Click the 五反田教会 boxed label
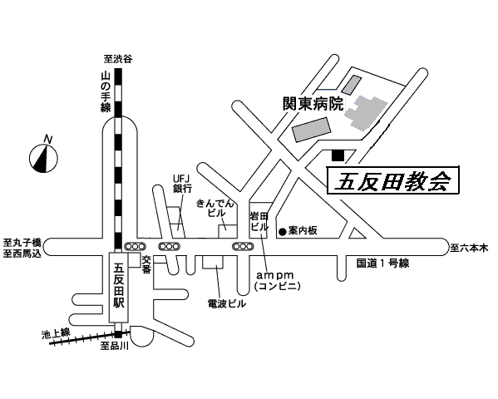click(393, 180)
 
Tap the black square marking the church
click(338, 155)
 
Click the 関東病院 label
click(313, 104)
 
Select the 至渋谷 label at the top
click(118, 59)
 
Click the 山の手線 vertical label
click(106, 91)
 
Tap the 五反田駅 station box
click(119, 288)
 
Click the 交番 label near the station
click(146, 264)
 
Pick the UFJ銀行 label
click(182, 184)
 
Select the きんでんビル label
click(215, 208)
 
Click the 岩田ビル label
click(259, 222)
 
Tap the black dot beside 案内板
click(283, 232)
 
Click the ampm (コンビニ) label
click(277, 281)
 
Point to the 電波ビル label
click(227, 303)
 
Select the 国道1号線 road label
click(382, 263)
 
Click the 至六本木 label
click(469, 248)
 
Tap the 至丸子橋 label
click(22, 244)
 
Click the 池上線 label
click(56, 334)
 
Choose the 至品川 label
click(115, 346)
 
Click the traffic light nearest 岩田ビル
click(243, 246)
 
